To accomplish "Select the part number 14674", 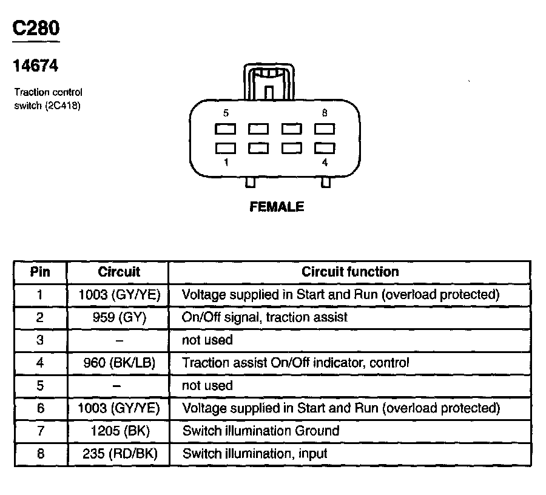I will (36, 66).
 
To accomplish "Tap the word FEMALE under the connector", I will (277, 207).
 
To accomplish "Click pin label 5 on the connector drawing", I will (226, 113).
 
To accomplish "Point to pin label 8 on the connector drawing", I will (325, 113).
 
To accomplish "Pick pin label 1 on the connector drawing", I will (226, 162).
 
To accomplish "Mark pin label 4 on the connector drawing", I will (325, 162).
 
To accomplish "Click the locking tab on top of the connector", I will (268, 81).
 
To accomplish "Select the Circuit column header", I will (118, 272).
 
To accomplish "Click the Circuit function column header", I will (350, 272).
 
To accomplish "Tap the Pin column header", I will (40, 272).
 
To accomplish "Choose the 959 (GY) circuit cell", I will (118, 317).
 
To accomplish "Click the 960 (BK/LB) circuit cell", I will (118, 363).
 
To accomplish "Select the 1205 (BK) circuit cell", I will (118, 431).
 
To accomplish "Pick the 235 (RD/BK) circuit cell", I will (118, 454).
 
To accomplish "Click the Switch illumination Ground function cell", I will (260, 431).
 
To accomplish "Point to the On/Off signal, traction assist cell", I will (265, 317).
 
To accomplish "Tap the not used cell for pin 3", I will (207, 340).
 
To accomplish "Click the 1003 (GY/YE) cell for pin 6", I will (118, 408).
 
